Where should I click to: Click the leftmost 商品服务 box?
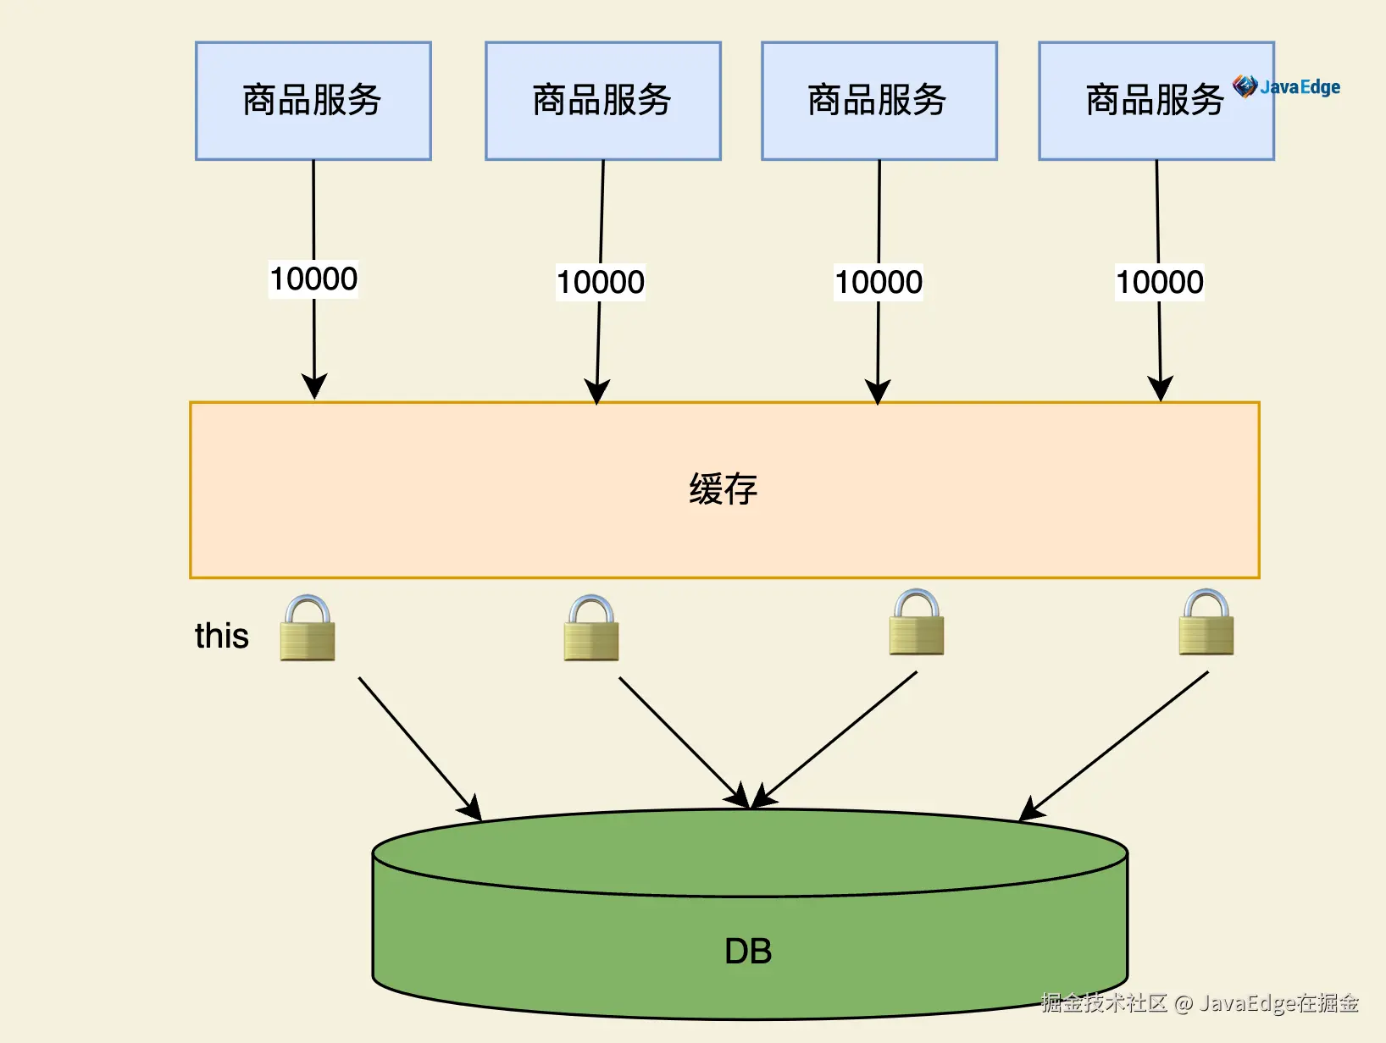[x=313, y=101]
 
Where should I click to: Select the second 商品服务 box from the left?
[x=603, y=101]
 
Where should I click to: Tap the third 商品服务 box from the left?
[x=879, y=101]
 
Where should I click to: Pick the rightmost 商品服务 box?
[x=1156, y=101]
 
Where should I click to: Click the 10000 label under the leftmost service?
[x=313, y=279]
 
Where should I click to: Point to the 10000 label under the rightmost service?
[x=1159, y=282]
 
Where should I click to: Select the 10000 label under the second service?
[x=601, y=282]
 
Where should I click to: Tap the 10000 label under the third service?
[x=879, y=282]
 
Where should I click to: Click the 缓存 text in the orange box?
[x=723, y=488]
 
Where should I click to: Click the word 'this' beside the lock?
[x=222, y=636]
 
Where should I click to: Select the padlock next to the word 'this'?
[x=308, y=628]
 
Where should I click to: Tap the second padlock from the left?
[x=591, y=628]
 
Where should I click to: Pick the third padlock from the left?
[x=916, y=622]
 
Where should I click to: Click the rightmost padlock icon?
[x=1206, y=622]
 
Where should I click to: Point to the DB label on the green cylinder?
[x=748, y=951]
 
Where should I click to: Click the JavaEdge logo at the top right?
[x=1286, y=86]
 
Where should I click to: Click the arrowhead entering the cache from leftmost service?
[x=314, y=386]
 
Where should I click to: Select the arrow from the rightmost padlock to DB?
[x=1113, y=747]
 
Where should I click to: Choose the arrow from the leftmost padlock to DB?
[x=420, y=749]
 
